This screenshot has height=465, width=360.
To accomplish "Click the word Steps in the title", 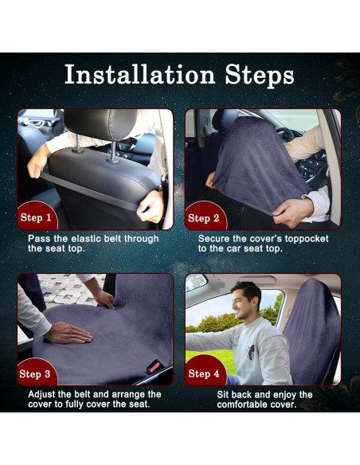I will click(x=256, y=75).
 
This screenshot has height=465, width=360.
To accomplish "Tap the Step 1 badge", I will click(x=37, y=217).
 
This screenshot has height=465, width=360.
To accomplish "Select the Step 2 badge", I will click(x=204, y=217).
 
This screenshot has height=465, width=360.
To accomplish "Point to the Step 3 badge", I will click(x=37, y=373).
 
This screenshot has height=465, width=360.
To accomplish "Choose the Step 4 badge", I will click(x=204, y=373).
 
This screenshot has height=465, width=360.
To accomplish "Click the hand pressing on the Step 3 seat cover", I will click(x=69, y=332).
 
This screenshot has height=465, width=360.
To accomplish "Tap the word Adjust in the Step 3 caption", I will click(x=45, y=394).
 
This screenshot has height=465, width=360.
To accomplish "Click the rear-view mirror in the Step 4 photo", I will click(x=196, y=282).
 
